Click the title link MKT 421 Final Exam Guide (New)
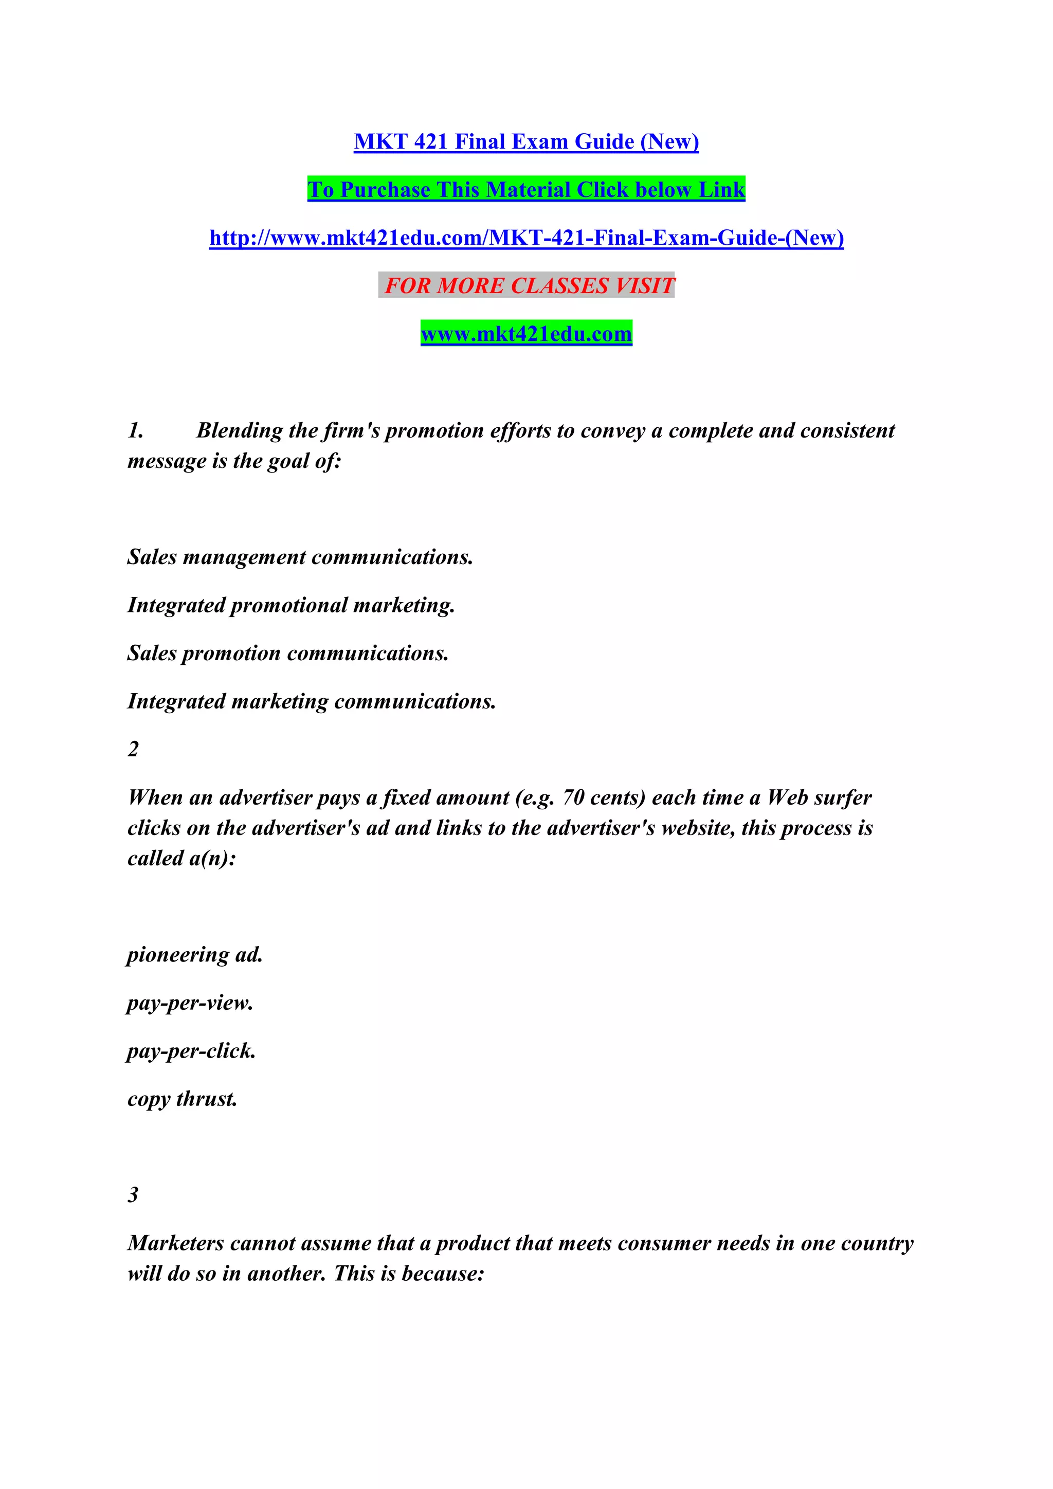526,141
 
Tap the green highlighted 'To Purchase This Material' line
526,189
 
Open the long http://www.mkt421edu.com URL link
526,238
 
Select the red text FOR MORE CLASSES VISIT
529,285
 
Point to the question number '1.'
136,431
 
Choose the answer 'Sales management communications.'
300,557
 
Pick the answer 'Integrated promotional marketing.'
291,605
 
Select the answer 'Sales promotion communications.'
287,653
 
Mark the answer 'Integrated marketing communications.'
311,701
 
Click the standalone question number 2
133,749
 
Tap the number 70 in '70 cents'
573,797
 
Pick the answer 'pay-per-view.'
189,1003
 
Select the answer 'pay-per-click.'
191,1050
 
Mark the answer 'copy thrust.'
182,1099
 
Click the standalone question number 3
133,1194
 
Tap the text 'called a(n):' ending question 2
181,859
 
